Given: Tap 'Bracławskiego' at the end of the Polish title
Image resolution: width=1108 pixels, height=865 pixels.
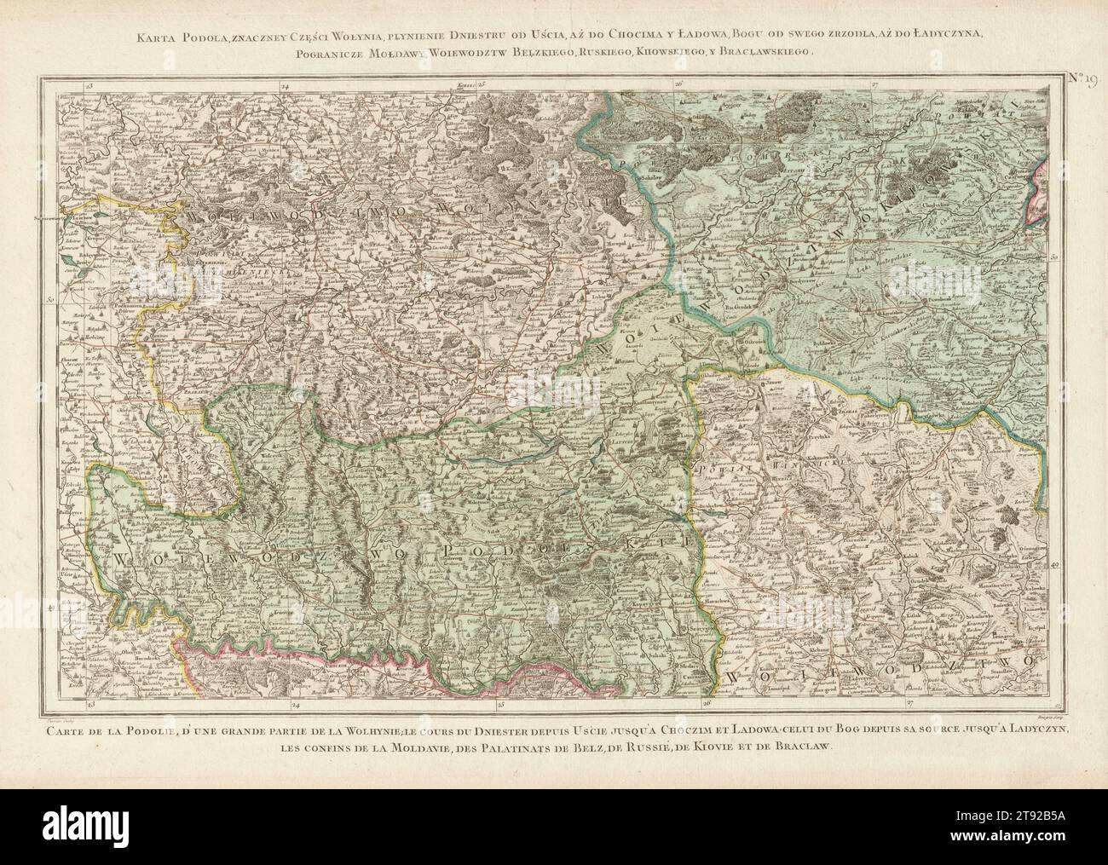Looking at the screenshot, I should click(x=773, y=52).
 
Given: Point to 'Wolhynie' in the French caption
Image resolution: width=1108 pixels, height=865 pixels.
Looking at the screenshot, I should click(x=416, y=729).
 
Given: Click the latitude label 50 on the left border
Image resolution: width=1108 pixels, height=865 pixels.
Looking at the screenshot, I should click(x=50, y=300).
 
